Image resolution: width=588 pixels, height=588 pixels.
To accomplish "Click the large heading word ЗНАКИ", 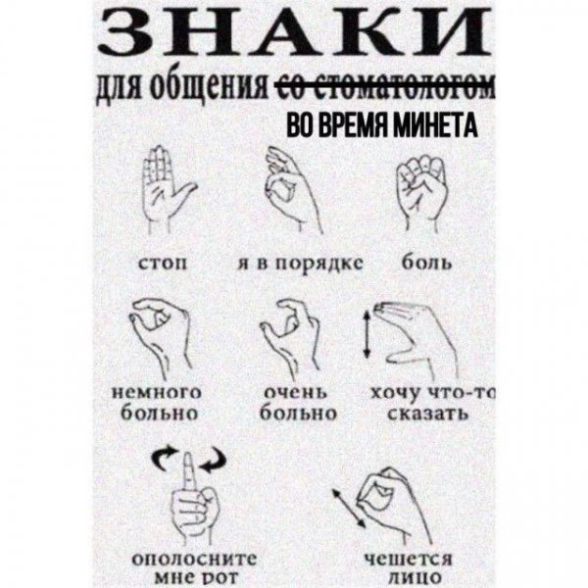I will coord(294,37).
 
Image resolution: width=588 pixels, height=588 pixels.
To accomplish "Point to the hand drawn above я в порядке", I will coord(290,191).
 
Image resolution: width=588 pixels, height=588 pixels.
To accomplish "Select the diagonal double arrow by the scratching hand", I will coord(344,506).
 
